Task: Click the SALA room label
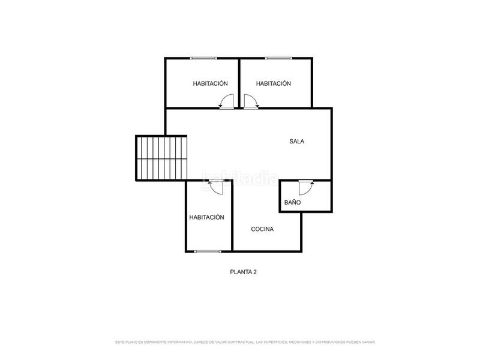[x=297, y=142]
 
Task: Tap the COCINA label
[x=262, y=229]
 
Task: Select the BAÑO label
[x=293, y=203]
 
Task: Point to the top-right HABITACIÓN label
[x=273, y=83]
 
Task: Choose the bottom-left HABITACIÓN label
[x=206, y=217]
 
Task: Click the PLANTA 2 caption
[x=244, y=272]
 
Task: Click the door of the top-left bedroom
[x=226, y=103]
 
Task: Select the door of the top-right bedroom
[x=251, y=103]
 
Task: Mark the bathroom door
[x=306, y=187]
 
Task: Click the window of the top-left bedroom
[x=203, y=58]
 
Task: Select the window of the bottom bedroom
[x=207, y=251]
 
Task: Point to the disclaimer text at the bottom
[x=245, y=342]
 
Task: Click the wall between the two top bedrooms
[x=239, y=83]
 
